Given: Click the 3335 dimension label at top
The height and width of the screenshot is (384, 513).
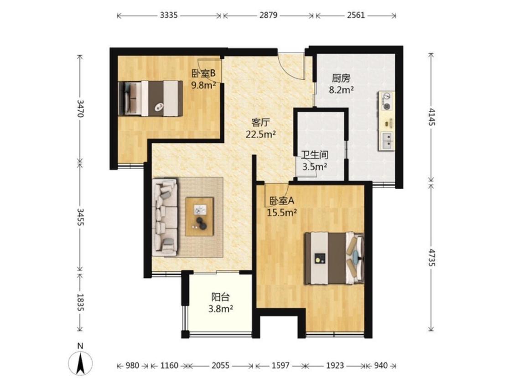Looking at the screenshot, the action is click(x=169, y=15).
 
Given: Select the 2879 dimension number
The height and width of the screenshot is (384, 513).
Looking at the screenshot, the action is click(x=269, y=15).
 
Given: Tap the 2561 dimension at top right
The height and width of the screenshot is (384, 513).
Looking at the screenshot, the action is click(x=356, y=15).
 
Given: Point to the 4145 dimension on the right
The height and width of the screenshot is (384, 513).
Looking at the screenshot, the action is click(x=432, y=117).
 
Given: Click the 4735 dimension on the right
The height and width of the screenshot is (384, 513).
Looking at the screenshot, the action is click(x=432, y=258).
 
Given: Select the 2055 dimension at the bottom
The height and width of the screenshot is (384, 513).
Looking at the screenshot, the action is click(x=221, y=365).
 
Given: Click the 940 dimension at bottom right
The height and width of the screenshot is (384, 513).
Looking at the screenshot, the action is click(x=380, y=365).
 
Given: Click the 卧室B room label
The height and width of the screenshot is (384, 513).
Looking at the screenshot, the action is click(x=203, y=73).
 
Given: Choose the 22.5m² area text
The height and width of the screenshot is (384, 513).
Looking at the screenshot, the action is click(x=261, y=134).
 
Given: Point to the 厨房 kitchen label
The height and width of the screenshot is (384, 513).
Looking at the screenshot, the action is click(x=341, y=78).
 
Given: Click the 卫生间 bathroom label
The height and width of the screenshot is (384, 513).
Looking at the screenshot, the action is click(x=315, y=155).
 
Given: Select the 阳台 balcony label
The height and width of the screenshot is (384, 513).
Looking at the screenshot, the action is click(x=221, y=297).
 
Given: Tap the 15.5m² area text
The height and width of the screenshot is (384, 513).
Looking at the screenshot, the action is click(x=282, y=213).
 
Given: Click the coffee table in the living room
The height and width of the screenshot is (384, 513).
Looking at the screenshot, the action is click(x=200, y=217).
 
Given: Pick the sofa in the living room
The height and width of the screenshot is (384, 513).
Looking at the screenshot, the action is click(x=165, y=217).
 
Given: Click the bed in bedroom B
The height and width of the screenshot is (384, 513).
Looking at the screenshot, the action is click(x=151, y=99).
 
